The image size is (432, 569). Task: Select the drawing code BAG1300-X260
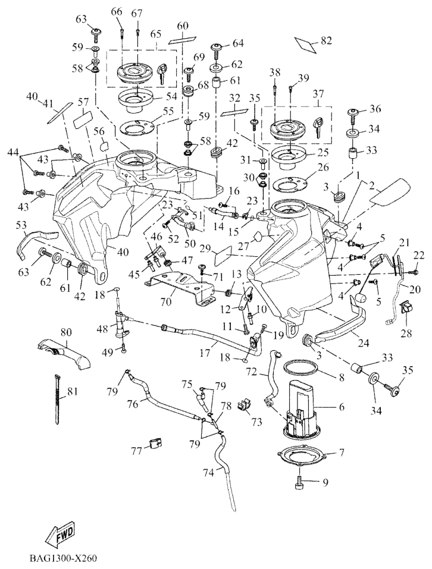[62, 559]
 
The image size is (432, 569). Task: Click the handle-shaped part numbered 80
[64, 354]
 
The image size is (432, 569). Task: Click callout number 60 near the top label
[181, 27]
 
